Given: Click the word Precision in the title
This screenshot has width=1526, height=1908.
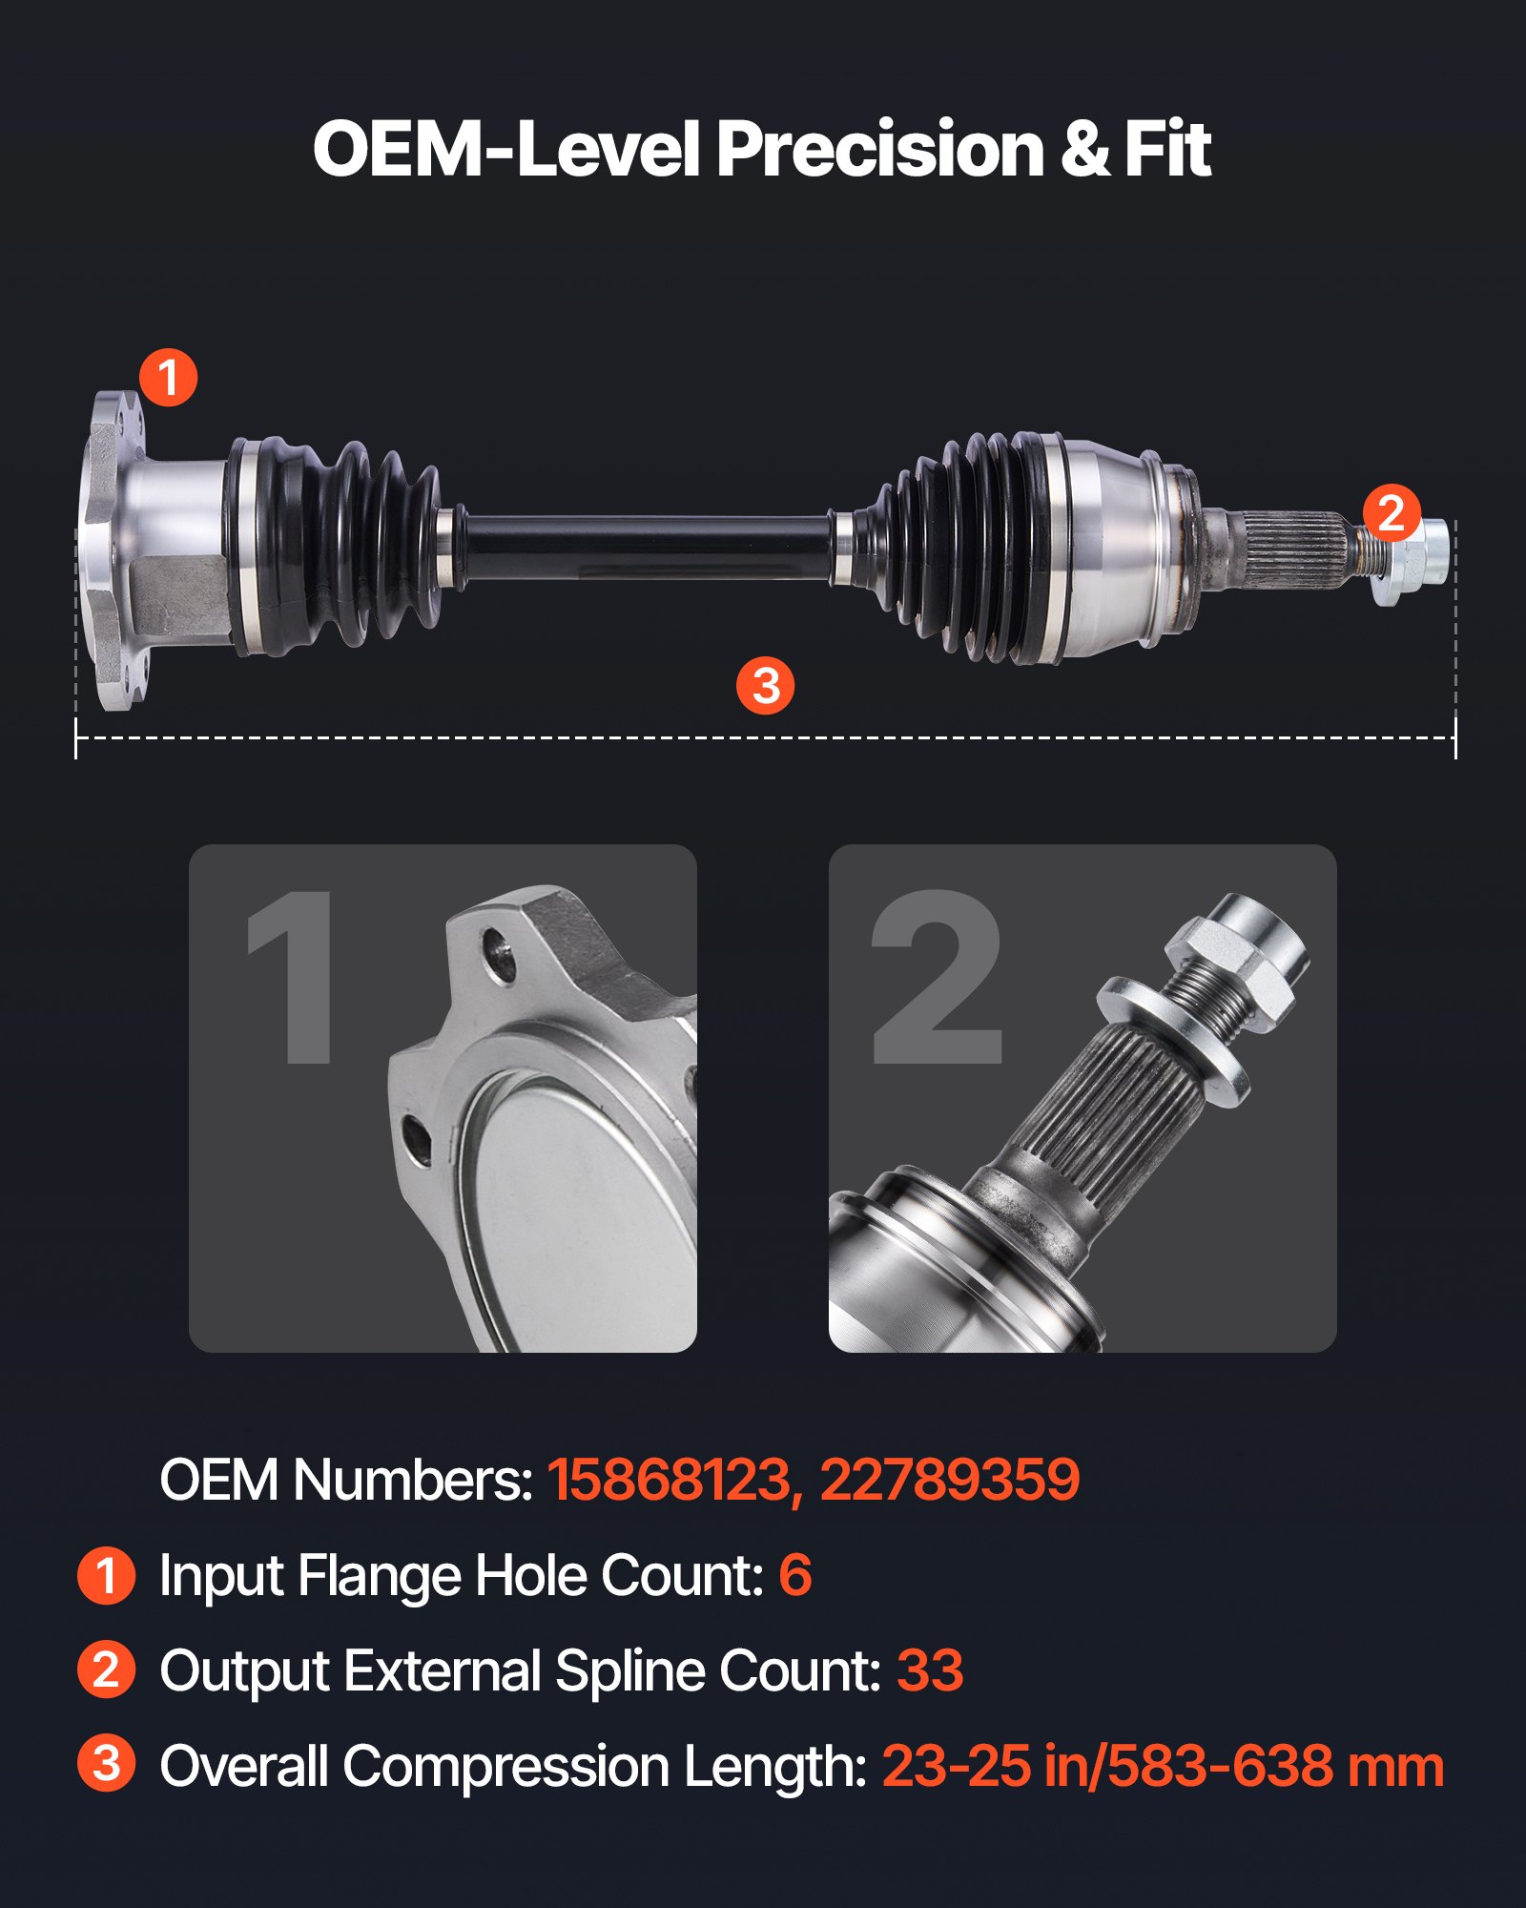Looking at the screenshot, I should coord(880,150).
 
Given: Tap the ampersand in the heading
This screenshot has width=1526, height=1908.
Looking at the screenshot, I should coord(1084,150).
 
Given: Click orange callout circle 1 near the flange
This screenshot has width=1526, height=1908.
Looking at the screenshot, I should coord(169,377).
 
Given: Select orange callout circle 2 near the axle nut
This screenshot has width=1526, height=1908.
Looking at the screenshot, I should coord(1392,513).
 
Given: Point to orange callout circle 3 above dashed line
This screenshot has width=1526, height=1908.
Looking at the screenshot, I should coord(765,685).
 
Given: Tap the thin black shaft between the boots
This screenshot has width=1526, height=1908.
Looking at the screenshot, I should coord(649,547).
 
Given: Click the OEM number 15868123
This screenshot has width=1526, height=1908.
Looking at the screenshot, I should coord(669,1480).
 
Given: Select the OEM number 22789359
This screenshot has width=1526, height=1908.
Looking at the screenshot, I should coord(949,1480).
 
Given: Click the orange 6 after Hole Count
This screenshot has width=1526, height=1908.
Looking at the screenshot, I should coord(794,1575).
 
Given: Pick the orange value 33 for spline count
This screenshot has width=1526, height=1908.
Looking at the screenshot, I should coord(930,1670).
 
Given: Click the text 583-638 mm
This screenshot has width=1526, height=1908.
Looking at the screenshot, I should coord(1275,1766).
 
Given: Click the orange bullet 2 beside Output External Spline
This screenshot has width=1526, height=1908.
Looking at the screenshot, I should coord(106,1669).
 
